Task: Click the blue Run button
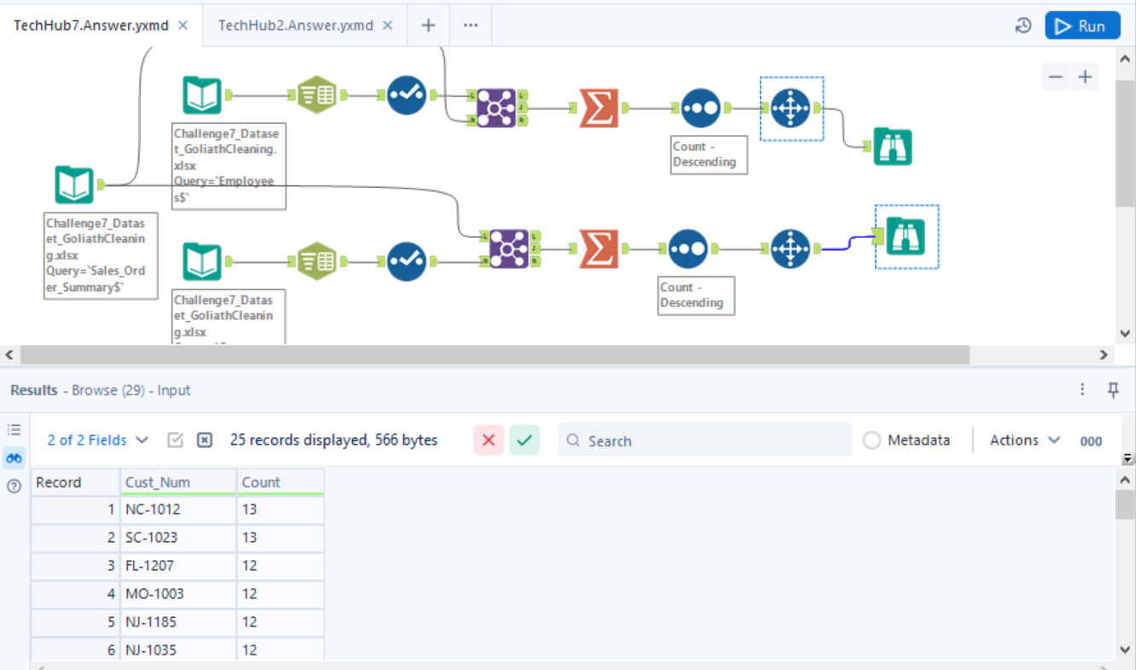pyautogui.click(x=1082, y=26)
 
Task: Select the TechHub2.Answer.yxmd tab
pyautogui.click(x=295, y=26)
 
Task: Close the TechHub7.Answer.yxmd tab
pyautogui.click(x=183, y=26)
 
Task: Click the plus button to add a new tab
pyautogui.click(x=428, y=26)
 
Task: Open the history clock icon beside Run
pyautogui.click(x=1023, y=26)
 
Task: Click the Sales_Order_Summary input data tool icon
pyautogui.click(x=74, y=184)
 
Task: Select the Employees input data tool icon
pyautogui.click(x=202, y=96)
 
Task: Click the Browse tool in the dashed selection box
pyautogui.click(x=906, y=236)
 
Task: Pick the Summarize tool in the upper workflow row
pyautogui.click(x=598, y=108)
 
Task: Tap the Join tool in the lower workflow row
pyautogui.click(x=509, y=248)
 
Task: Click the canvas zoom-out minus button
pyautogui.click(x=1056, y=77)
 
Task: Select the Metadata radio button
pyautogui.click(x=872, y=440)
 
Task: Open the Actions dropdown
pyautogui.click(x=1024, y=440)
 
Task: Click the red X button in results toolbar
pyautogui.click(x=489, y=440)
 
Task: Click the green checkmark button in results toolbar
pyautogui.click(x=525, y=440)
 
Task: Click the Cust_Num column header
pyautogui.click(x=177, y=482)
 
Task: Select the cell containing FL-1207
pyautogui.click(x=177, y=565)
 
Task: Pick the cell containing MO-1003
pyautogui.click(x=177, y=593)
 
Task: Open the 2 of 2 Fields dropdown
pyautogui.click(x=97, y=440)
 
